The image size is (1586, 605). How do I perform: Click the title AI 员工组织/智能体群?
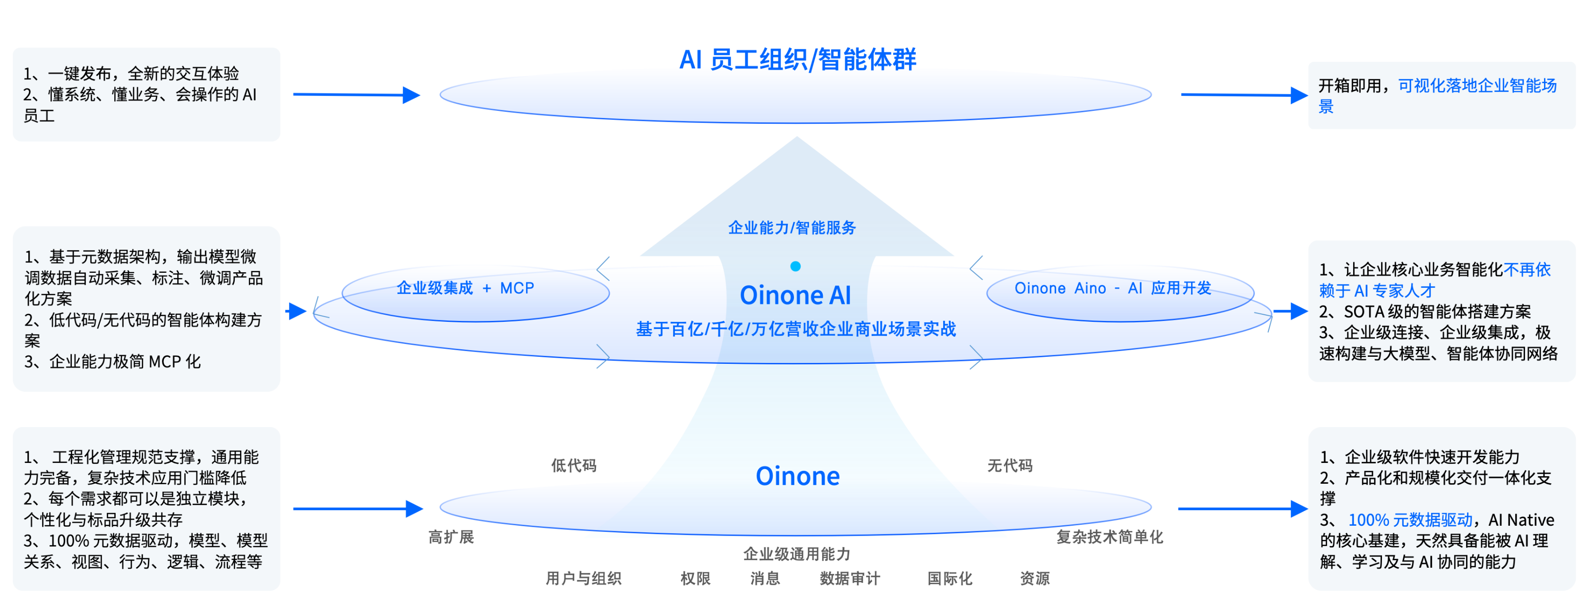pyautogui.click(x=797, y=60)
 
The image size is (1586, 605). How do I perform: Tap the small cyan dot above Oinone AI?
pyautogui.click(x=795, y=267)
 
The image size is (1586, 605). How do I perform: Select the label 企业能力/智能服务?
pyautogui.click(x=792, y=228)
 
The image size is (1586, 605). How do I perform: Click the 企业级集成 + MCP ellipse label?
pyautogui.click(x=466, y=288)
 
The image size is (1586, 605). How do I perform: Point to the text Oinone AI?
pyautogui.click(x=795, y=295)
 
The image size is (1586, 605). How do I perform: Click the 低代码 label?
pyautogui.click(x=573, y=465)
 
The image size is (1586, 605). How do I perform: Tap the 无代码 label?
pyautogui.click(x=1010, y=465)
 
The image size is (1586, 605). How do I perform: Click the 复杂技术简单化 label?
pyautogui.click(x=1109, y=537)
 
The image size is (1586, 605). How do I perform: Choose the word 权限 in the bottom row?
pyautogui.click(x=695, y=578)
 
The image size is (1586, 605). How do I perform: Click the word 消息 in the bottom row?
pyautogui.click(x=765, y=578)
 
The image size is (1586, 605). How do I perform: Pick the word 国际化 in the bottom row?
pyautogui.click(x=949, y=578)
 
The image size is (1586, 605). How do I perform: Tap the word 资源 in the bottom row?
pyautogui.click(x=1034, y=578)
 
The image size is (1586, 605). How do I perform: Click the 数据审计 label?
pyautogui.click(x=850, y=578)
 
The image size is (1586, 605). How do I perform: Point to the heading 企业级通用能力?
pyautogui.click(x=797, y=554)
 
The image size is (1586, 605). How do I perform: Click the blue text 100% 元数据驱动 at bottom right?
pyautogui.click(x=1410, y=520)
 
